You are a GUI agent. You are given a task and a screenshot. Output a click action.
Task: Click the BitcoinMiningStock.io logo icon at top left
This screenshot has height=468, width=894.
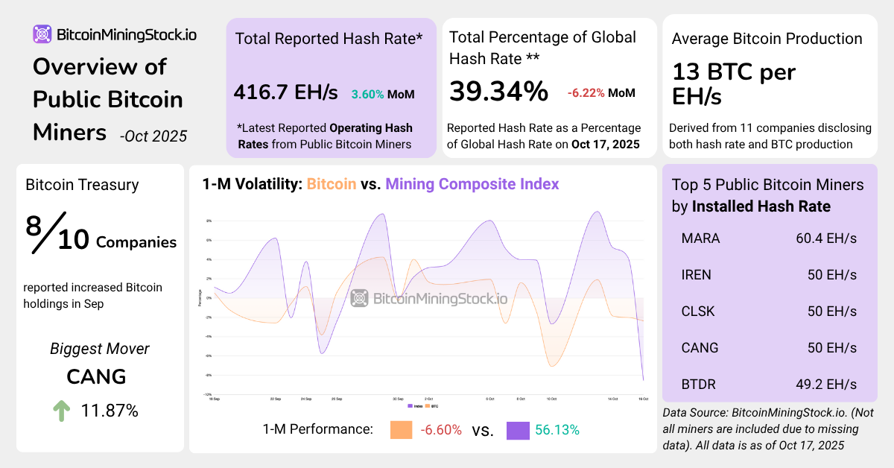[42, 34]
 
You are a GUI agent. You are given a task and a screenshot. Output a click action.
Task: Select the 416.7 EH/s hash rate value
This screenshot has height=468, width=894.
[285, 93]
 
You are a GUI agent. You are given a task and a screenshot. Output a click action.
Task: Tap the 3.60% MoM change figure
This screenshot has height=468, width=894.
[368, 95]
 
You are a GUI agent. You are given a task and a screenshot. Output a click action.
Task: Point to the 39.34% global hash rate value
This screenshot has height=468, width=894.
[498, 91]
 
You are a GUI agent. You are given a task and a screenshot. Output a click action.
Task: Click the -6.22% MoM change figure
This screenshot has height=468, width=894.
[585, 93]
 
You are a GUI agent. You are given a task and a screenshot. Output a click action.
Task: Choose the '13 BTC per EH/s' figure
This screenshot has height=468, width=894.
[734, 85]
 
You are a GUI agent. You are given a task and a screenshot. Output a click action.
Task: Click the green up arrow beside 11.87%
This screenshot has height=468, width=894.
[62, 411]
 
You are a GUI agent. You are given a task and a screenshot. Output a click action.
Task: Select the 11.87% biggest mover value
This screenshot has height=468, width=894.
[110, 411]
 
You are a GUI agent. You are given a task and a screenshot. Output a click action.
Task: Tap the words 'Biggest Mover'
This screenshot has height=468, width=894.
[100, 349]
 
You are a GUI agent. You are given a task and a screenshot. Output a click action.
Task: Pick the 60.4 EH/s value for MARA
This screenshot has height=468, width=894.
[826, 239]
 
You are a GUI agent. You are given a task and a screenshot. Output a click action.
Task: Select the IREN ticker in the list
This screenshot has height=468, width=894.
[697, 275]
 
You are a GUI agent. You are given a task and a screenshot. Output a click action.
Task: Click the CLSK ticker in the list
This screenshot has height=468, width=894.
[698, 312]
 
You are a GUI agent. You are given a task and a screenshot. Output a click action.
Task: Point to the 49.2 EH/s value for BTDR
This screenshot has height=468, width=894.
[826, 385]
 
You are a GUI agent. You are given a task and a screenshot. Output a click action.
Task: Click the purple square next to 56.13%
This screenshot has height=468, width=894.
[518, 430]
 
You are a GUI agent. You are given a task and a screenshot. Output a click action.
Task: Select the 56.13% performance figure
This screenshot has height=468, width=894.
[558, 430]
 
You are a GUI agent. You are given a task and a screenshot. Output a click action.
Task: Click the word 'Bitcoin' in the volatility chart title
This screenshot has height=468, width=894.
[332, 184]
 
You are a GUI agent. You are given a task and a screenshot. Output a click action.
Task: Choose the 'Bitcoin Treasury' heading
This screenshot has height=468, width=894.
[82, 185]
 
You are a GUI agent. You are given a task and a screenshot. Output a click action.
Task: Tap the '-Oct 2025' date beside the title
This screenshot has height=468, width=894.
[153, 136]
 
